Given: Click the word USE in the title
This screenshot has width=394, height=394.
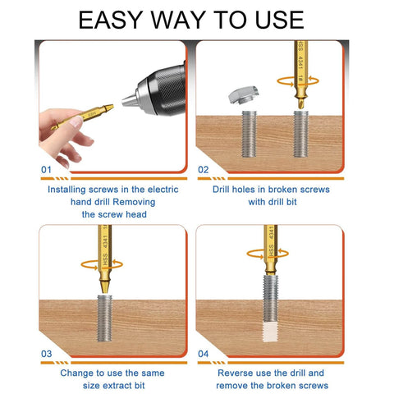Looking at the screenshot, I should point(273,19).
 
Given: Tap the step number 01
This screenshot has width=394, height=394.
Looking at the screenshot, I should point(47,169).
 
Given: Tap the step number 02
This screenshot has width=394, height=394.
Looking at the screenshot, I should point(204,169).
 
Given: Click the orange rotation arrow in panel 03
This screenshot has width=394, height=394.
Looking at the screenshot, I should point(105,263).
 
